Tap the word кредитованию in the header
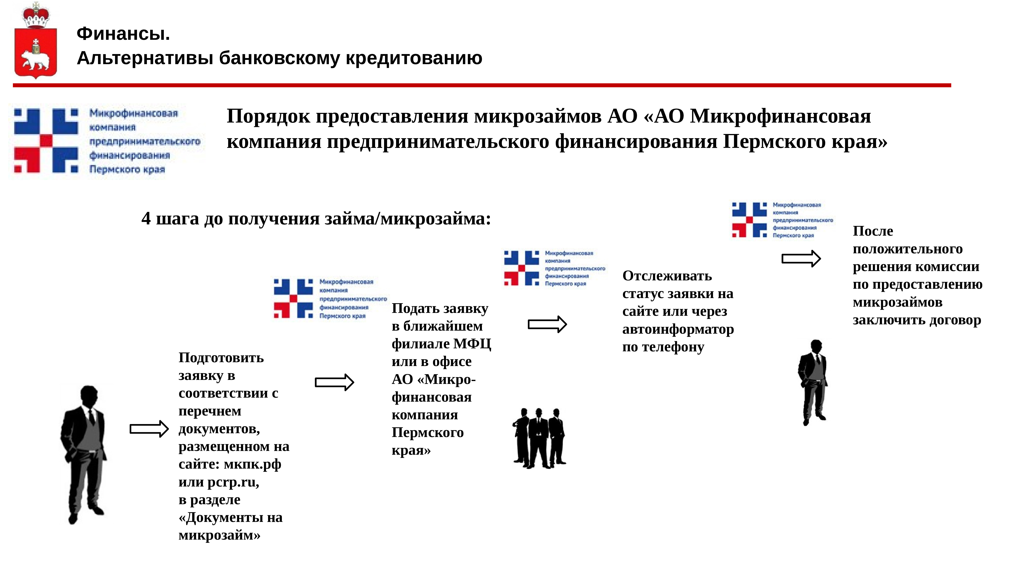pyautogui.click(x=414, y=58)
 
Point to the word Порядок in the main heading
pyautogui.click(x=268, y=117)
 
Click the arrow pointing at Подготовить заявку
pyautogui.click(x=149, y=429)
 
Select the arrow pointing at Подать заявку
pyautogui.click(x=334, y=382)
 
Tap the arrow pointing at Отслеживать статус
pyautogui.click(x=547, y=324)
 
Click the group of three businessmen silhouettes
pyautogui.click(x=539, y=438)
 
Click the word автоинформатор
pyautogui.click(x=678, y=329)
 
